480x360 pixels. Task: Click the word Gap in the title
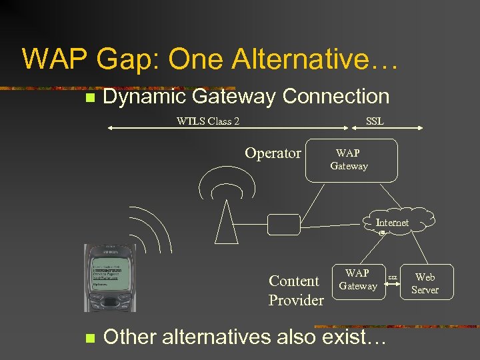(x=129, y=59)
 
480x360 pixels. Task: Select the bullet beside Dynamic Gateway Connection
(x=88, y=98)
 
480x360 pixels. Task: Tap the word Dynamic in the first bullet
(x=144, y=97)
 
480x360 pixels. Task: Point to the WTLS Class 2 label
(x=208, y=121)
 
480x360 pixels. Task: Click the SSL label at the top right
(x=375, y=121)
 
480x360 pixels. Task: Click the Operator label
(x=273, y=153)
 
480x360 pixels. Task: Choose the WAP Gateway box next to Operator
(x=351, y=160)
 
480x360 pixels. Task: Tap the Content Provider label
(x=295, y=290)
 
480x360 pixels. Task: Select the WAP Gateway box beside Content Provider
(x=358, y=280)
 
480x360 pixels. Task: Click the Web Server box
(x=425, y=283)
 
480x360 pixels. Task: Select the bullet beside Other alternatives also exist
(x=88, y=337)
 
